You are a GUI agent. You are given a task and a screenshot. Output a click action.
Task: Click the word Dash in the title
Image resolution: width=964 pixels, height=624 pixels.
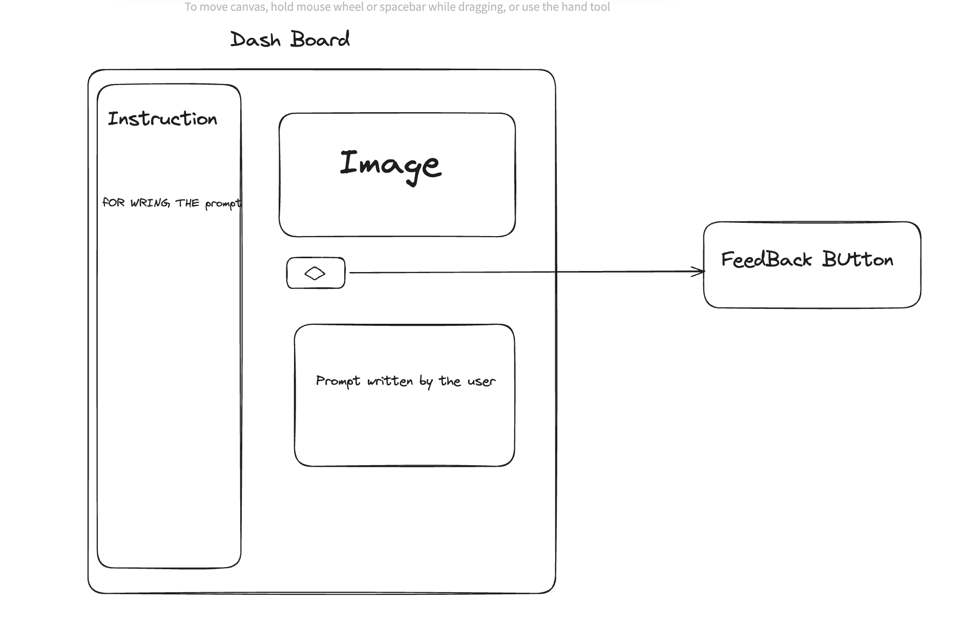pyautogui.click(x=255, y=40)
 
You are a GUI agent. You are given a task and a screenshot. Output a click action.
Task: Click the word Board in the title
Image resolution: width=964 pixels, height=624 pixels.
pyautogui.click(x=320, y=39)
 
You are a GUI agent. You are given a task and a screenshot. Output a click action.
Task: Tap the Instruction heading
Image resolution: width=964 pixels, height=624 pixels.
pyautogui.click(x=162, y=119)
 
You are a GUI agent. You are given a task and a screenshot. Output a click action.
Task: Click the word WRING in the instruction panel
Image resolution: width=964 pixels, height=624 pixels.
pyautogui.click(x=150, y=203)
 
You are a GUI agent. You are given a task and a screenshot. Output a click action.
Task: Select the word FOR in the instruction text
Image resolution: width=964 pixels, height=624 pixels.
pyautogui.click(x=114, y=202)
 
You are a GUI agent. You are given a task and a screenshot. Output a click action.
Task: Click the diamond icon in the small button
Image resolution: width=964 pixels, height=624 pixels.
pyautogui.click(x=315, y=274)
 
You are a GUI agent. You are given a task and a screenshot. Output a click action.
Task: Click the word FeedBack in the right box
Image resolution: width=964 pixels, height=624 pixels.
pyautogui.click(x=766, y=260)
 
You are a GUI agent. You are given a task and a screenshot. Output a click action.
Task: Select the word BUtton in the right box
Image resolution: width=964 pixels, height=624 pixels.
pyautogui.click(x=857, y=260)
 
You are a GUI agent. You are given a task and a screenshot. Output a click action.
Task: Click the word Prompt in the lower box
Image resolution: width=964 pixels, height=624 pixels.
pyautogui.click(x=338, y=381)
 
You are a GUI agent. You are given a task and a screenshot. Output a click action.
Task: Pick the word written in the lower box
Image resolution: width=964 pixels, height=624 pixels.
pyautogui.click(x=390, y=381)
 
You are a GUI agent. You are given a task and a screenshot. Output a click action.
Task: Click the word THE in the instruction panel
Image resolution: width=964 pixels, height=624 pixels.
pyautogui.click(x=187, y=203)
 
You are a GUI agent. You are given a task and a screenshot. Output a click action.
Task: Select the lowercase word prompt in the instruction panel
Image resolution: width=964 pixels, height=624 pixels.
pyautogui.click(x=222, y=204)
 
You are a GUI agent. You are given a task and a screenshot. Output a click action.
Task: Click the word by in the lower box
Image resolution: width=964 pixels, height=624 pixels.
pyautogui.click(x=426, y=382)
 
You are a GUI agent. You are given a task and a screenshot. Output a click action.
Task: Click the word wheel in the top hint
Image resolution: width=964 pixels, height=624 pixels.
pyautogui.click(x=348, y=7)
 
